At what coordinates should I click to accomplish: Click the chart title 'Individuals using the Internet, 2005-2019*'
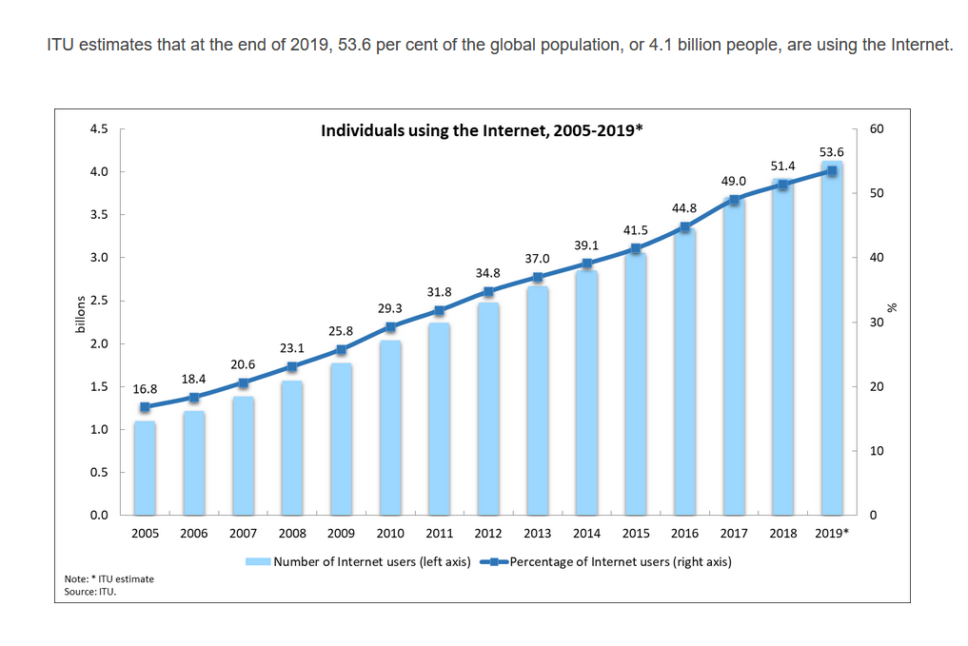(x=482, y=130)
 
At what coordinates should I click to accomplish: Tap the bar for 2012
(x=488, y=409)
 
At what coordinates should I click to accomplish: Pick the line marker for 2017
(x=734, y=200)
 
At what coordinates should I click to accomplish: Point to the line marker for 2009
(x=341, y=349)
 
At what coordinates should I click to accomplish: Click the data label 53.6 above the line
(x=831, y=152)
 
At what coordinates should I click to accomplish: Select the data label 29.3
(x=390, y=308)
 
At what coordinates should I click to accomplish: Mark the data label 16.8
(x=145, y=388)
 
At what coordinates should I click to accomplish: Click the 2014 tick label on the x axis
(x=586, y=533)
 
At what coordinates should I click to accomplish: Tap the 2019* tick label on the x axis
(x=834, y=533)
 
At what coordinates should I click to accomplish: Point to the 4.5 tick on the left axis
(x=99, y=128)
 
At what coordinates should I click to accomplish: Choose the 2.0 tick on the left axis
(x=99, y=343)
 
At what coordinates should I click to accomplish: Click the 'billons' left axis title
(x=81, y=314)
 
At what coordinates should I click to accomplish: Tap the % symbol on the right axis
(x=893, y=307)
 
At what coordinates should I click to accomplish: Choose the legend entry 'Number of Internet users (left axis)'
(x=371, y=561)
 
